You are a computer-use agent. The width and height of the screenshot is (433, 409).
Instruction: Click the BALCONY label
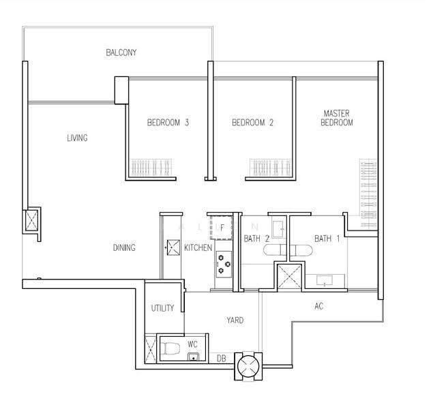[121, 52]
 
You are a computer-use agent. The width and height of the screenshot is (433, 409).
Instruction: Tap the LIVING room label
[77, 138]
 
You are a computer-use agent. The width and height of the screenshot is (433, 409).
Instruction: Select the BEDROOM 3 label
[168, 122]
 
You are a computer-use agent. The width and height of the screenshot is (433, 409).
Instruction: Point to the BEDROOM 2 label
[252, 122]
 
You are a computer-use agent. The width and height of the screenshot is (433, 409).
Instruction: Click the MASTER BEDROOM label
[337, 118]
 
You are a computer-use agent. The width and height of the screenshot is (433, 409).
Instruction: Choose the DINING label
[124, 247]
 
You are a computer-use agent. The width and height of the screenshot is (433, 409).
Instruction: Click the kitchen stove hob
[224, 264]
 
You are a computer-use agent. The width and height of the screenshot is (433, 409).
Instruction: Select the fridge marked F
[221, 228]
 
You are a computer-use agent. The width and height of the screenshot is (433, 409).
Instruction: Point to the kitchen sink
[173, 247]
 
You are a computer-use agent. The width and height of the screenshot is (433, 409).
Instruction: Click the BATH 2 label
[256, 239]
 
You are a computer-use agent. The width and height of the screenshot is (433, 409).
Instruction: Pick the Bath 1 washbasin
[325, 281]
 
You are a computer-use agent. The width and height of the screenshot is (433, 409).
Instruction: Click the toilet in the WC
[170, 349]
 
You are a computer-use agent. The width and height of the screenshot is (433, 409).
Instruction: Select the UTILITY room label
[163, 308]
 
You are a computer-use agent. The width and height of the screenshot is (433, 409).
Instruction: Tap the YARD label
[235, 320]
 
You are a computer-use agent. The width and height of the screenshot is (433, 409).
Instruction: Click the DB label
[222, 359]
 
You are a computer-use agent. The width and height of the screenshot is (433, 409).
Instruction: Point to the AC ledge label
[318, 306]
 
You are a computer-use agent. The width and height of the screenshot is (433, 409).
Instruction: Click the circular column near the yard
[248, 367]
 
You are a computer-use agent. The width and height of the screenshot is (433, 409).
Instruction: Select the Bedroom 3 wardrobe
[151, 168]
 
